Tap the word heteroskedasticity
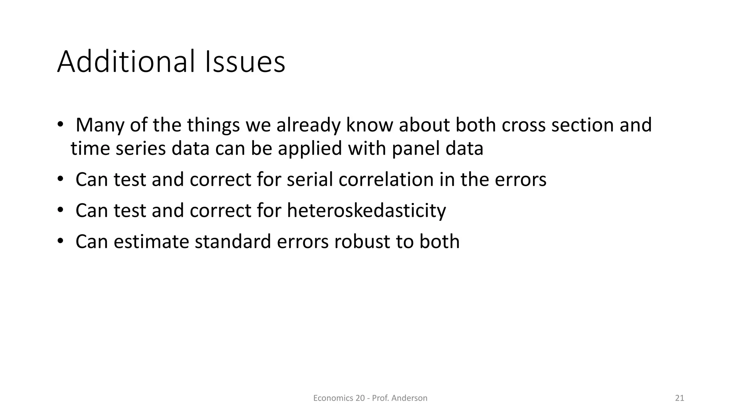pyautogui.click(x=366, y=211)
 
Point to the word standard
pyautogui.click(x=233, y=241)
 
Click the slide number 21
pyautogui.click(x=679, y=398)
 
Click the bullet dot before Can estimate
pyautogui.click(x=60, y=241)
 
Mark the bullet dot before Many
pyautogui.click(x=60, y=124)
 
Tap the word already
pyautogui.click(x=308, y=125)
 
